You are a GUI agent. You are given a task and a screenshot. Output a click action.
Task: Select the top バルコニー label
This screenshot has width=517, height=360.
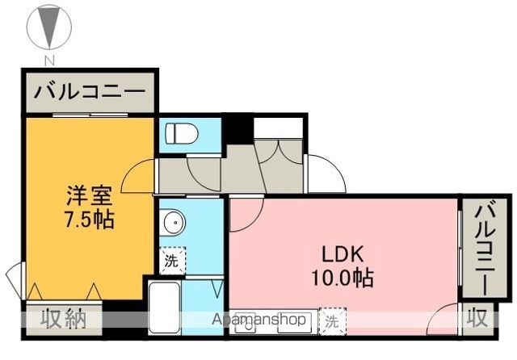click(89, 91)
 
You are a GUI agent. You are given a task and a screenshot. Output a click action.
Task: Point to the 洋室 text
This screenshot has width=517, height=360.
click(89, 196)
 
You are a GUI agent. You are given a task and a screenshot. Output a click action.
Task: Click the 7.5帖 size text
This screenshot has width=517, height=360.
click(89, 219)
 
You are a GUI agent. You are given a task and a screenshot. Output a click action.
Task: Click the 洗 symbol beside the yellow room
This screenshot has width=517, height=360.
click(171, 260)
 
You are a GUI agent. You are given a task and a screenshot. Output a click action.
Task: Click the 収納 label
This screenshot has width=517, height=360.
click(64, 319)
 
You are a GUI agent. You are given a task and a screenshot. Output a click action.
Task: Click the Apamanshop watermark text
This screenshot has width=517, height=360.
click(259, 320)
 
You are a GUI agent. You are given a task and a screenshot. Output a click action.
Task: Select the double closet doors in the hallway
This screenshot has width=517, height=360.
click(279, 153)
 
